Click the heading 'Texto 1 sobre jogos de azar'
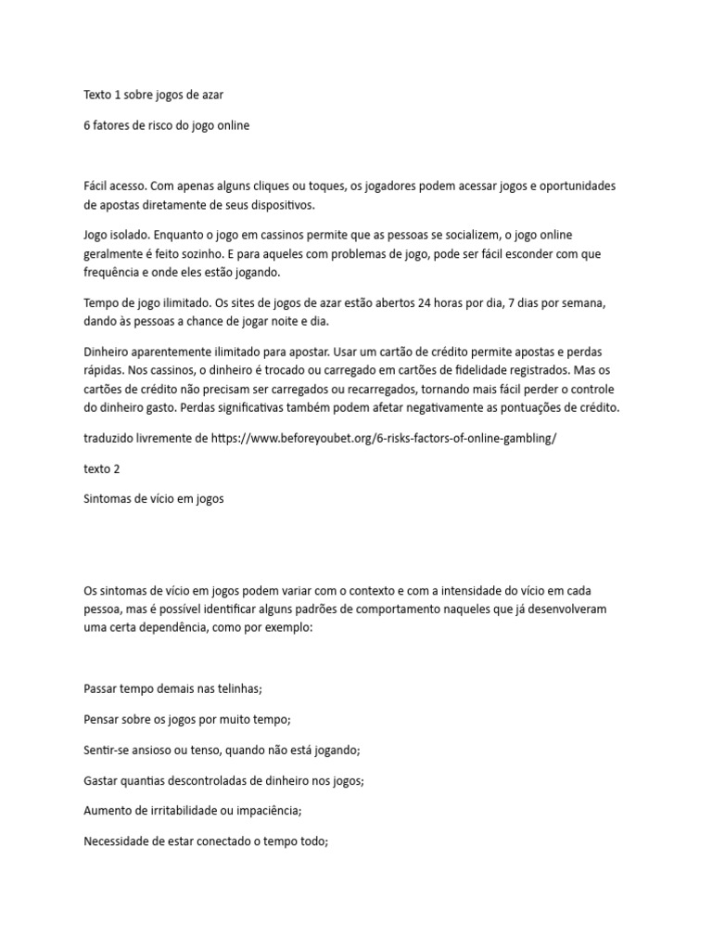coord(153,95)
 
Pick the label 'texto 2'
coord(102,469)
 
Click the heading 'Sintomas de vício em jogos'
coord(153,499)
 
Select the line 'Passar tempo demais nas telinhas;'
coord(173,688)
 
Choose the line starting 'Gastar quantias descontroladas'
coord(223,780)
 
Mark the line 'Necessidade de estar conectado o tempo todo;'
coord(206,841)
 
